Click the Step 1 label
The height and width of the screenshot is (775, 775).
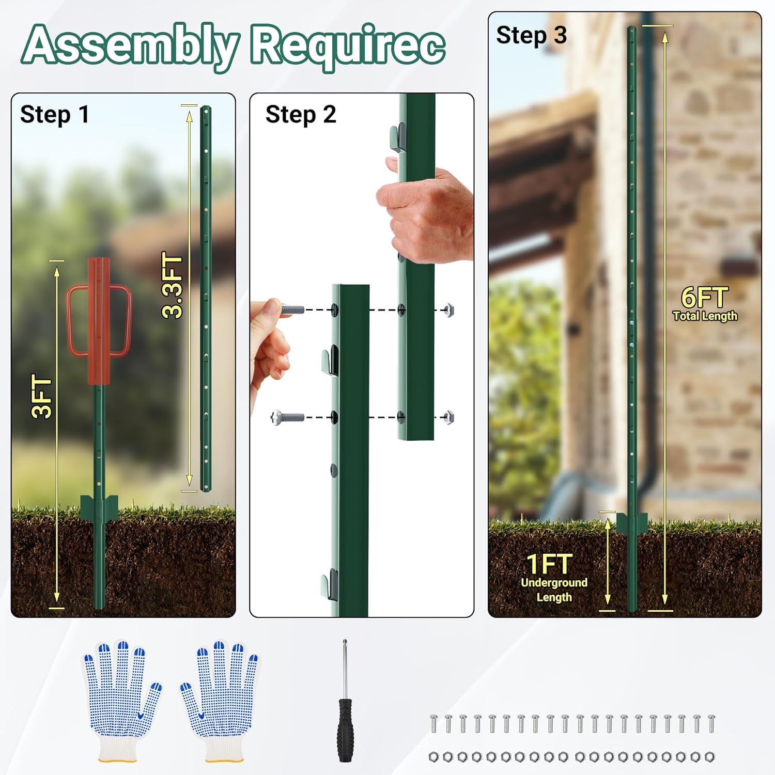coord(54,115)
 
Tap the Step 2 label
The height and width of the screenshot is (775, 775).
coord(300,115)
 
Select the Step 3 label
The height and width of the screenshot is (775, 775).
coord(531,36)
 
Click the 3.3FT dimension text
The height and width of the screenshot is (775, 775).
coord(173,285)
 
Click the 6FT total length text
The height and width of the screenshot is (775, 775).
coord(704,298)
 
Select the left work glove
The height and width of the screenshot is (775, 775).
coord(120,698)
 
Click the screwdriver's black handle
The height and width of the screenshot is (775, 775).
coord(345,729)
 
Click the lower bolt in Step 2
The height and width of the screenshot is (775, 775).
coord(287,416)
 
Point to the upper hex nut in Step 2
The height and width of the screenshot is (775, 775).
coord(449,310)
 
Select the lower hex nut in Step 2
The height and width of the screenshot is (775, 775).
coord(449,416)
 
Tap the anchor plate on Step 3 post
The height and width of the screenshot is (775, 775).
coord(632,523)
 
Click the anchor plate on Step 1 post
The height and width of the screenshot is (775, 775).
coord(99,506)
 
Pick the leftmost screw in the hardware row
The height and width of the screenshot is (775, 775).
coord(434,723)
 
